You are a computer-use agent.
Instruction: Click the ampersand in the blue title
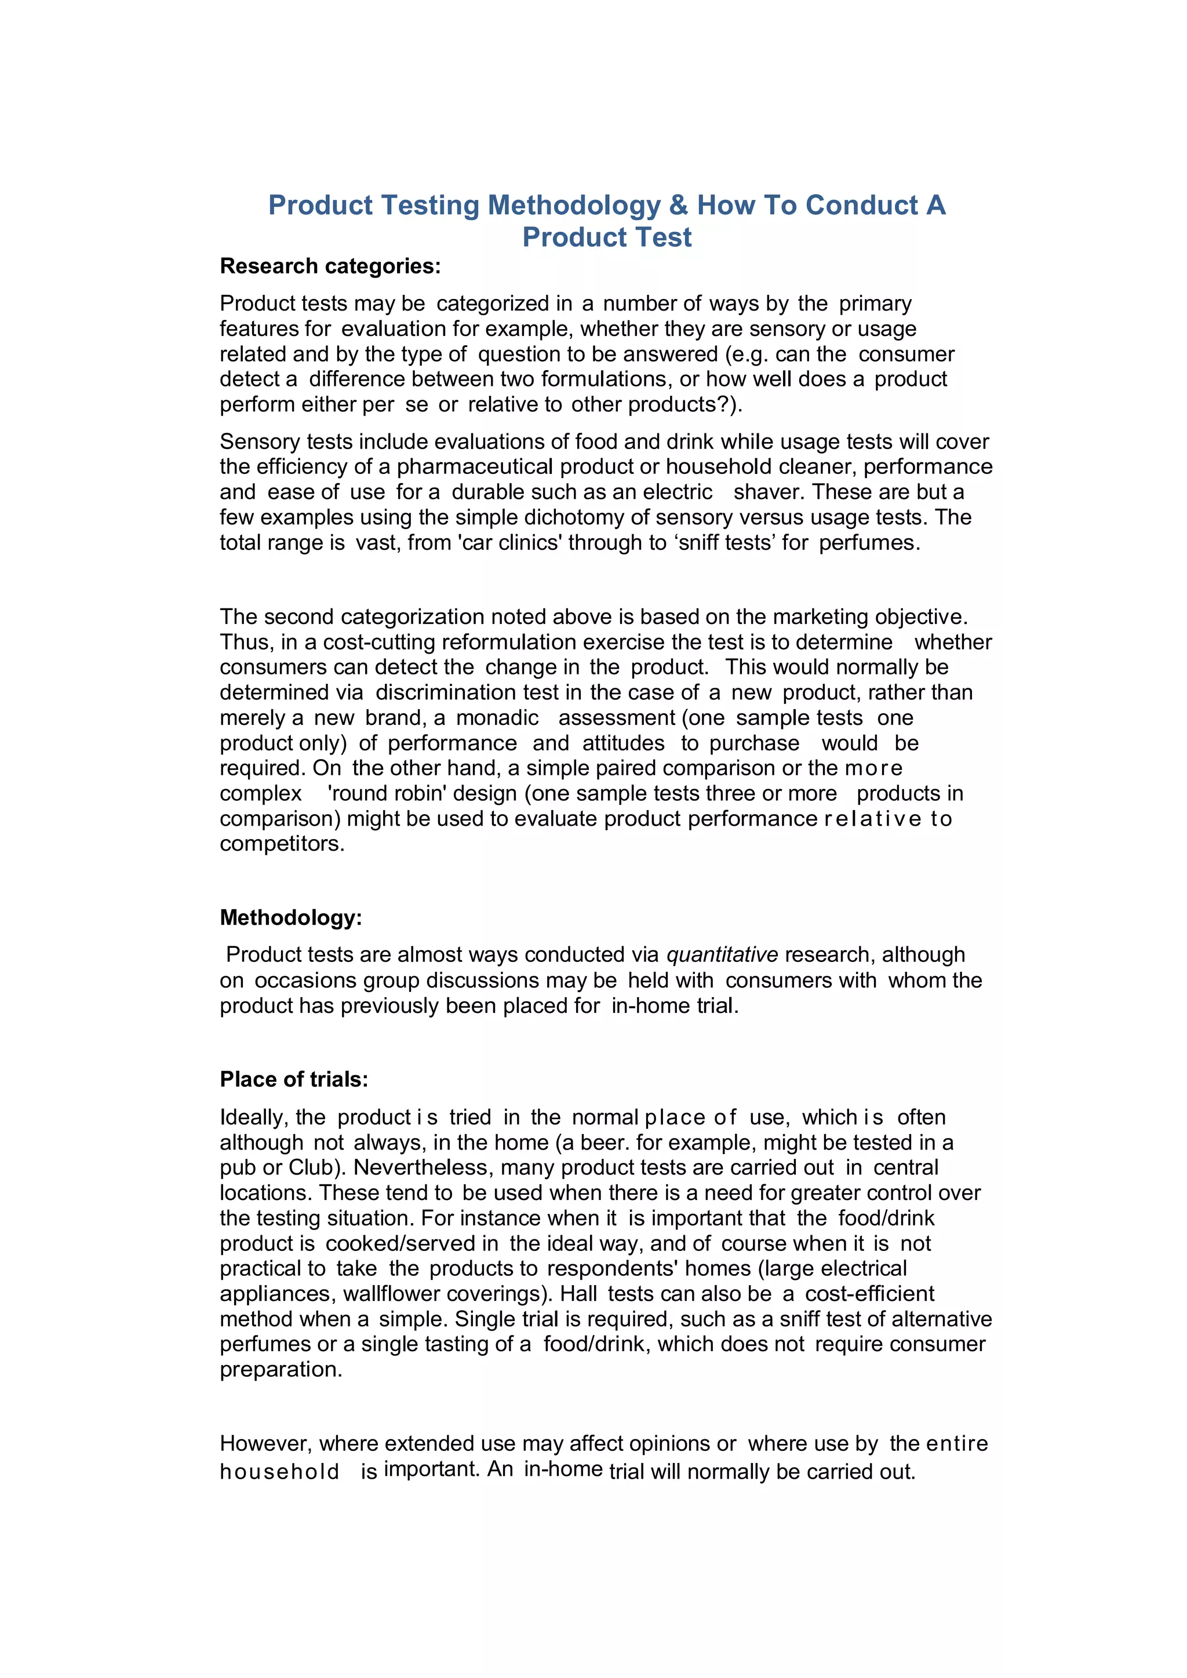coord(678,205)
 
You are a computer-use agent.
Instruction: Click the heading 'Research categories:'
coord(330,266)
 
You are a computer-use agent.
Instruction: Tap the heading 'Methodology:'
coord(291,917)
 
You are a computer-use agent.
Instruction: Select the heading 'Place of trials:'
coord(294,1079)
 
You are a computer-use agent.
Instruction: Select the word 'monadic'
coord(497,718)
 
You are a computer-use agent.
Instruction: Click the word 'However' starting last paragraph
coord(266,1443)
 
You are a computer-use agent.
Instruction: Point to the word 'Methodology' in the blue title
coord(574,205)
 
